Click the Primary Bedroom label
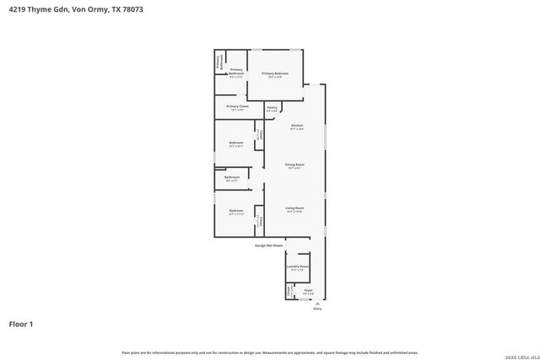pyautogui.click(x=275, y=74)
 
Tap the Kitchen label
pyautogui.click(x=296, y=126)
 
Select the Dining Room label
pyautogui.click(x=294, y=164)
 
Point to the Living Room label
pyautogui.click(x=294, y=207)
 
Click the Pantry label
pyautogui.click(x=272, y=108)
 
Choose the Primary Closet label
pyautogui.click(x=237, y=107)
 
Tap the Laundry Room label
pyautogui.click(x=297, y=266)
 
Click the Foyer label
pyautogui.click(x=308, y=291)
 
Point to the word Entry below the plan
pyautogui.click(x=317, y=309)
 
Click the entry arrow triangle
pyautogui.click(x=317, y=303)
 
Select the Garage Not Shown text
pyautogui.click(x=268, y=245)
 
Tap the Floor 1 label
pyautogui.click(x=21, y=323)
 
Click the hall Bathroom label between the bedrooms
pyautogui.click(x=232, y=178)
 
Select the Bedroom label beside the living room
pyautogui.click(x=236, y=211)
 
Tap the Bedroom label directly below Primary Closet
pyautogui.click(x=236, y=142)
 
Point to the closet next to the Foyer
pyautogui.click(x=289, y=292)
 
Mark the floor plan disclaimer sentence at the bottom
pyautogui.click(x=269, y=352)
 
